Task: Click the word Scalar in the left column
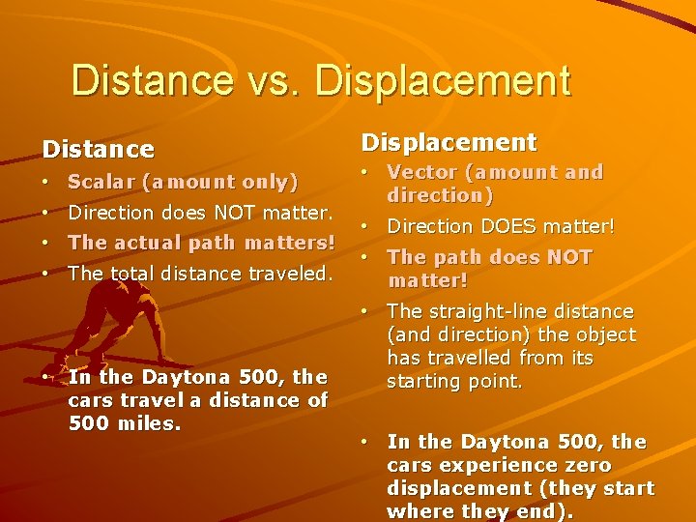point(101,182)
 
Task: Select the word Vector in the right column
point(419,172)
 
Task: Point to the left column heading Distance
point(98,149)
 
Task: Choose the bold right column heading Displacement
point(449,142)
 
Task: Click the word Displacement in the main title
point(443,81)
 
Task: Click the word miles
point(148,422)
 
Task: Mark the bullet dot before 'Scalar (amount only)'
point(46,182)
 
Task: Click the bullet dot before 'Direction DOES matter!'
point(365,226)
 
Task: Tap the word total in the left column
point(130,274)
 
